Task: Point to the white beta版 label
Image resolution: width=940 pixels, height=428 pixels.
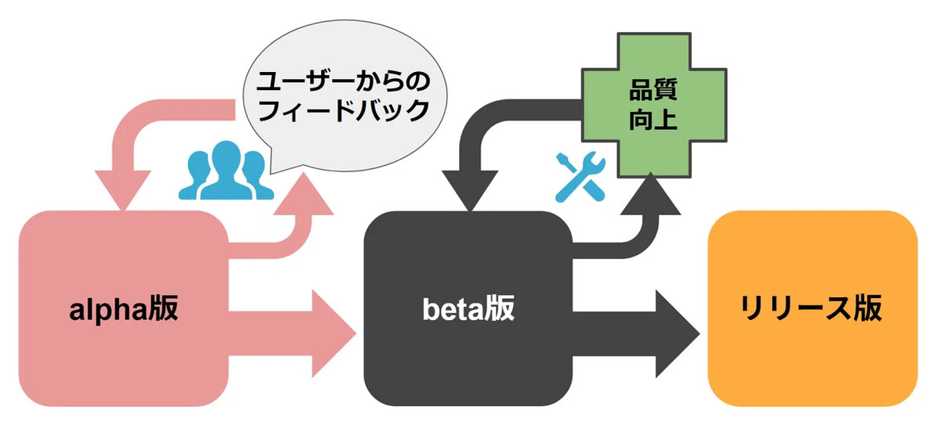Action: pyautogui.click(x=468, y=310)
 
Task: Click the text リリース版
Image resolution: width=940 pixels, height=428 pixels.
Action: pyautogui.click(x=812, y=310)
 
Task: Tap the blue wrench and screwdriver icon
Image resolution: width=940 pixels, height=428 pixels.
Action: pyautogui.click(x=580, y=176)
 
